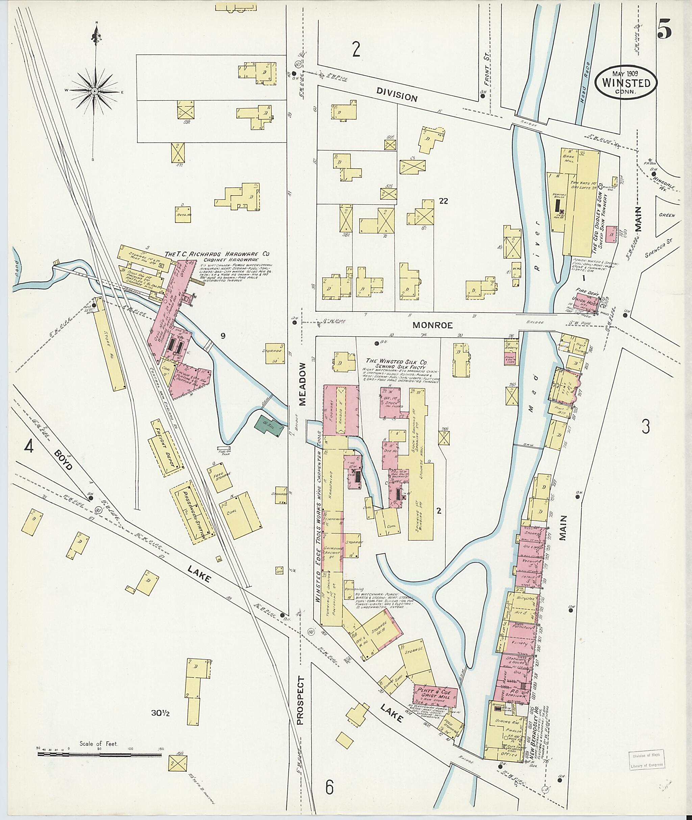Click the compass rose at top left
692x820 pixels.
click(x=95, y=91)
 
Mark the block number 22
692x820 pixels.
click(x=444, y=201)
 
